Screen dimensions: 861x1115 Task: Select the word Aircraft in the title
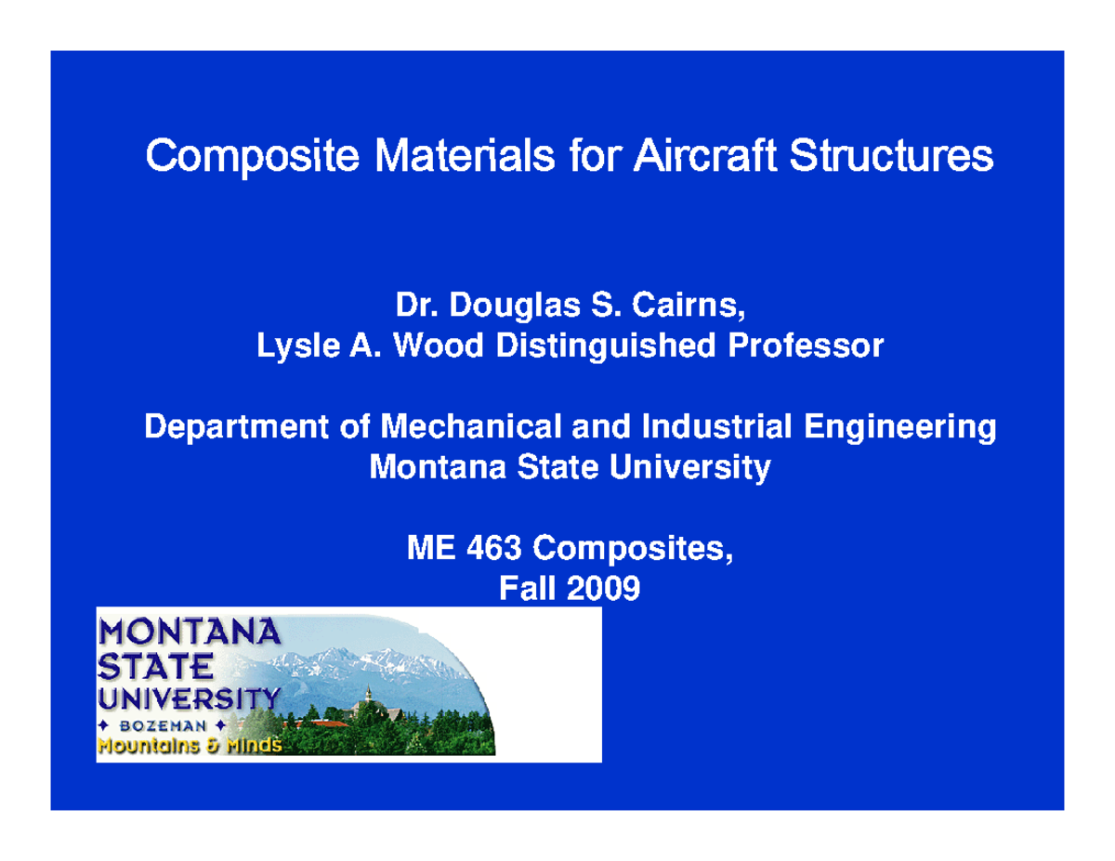[x=705, y=158]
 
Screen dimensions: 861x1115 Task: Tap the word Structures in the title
[x=891, y=158]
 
